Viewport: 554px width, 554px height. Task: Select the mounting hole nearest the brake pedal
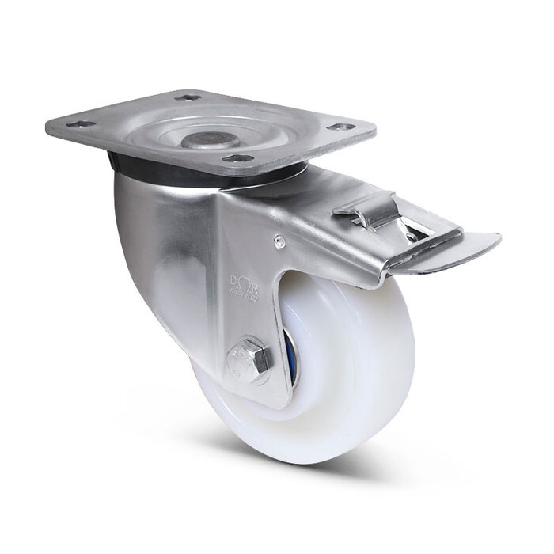340,127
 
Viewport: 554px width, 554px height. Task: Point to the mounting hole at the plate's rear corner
189,98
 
